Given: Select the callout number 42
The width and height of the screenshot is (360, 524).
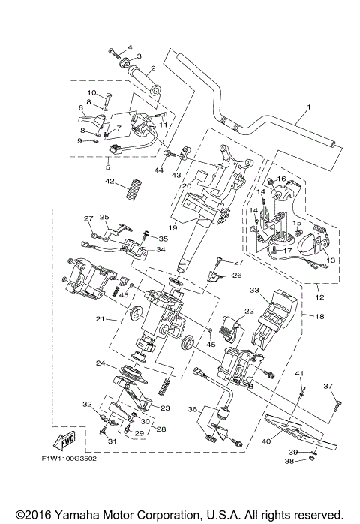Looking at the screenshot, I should pyautogui.click(x=109, y=182).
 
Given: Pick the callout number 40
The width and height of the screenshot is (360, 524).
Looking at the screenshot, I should pyautogui.click(x=266, y=441).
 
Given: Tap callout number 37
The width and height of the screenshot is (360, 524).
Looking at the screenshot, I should pyautogui.click(x=328, y=387).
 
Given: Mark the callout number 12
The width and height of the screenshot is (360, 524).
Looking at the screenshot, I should pyautogui.click(x=321, y=296).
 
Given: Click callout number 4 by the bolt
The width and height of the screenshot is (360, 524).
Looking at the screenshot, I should pyautogui.click(x=130, y=47).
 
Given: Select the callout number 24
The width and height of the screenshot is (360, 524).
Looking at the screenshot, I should pyautogui.click(x=99, y=363).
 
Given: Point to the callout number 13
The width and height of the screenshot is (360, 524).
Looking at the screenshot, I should pyautogui.click(x=331, y=259).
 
